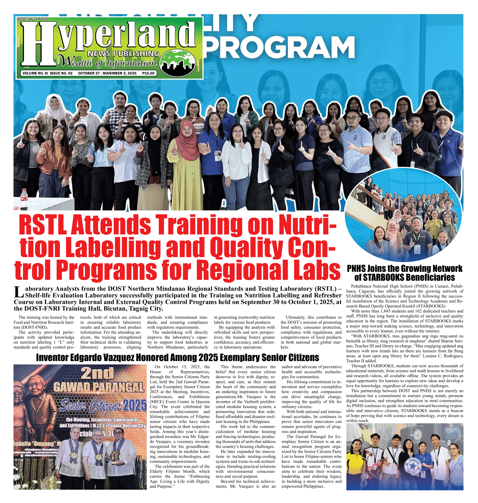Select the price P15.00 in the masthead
click(x=148, y=73)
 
